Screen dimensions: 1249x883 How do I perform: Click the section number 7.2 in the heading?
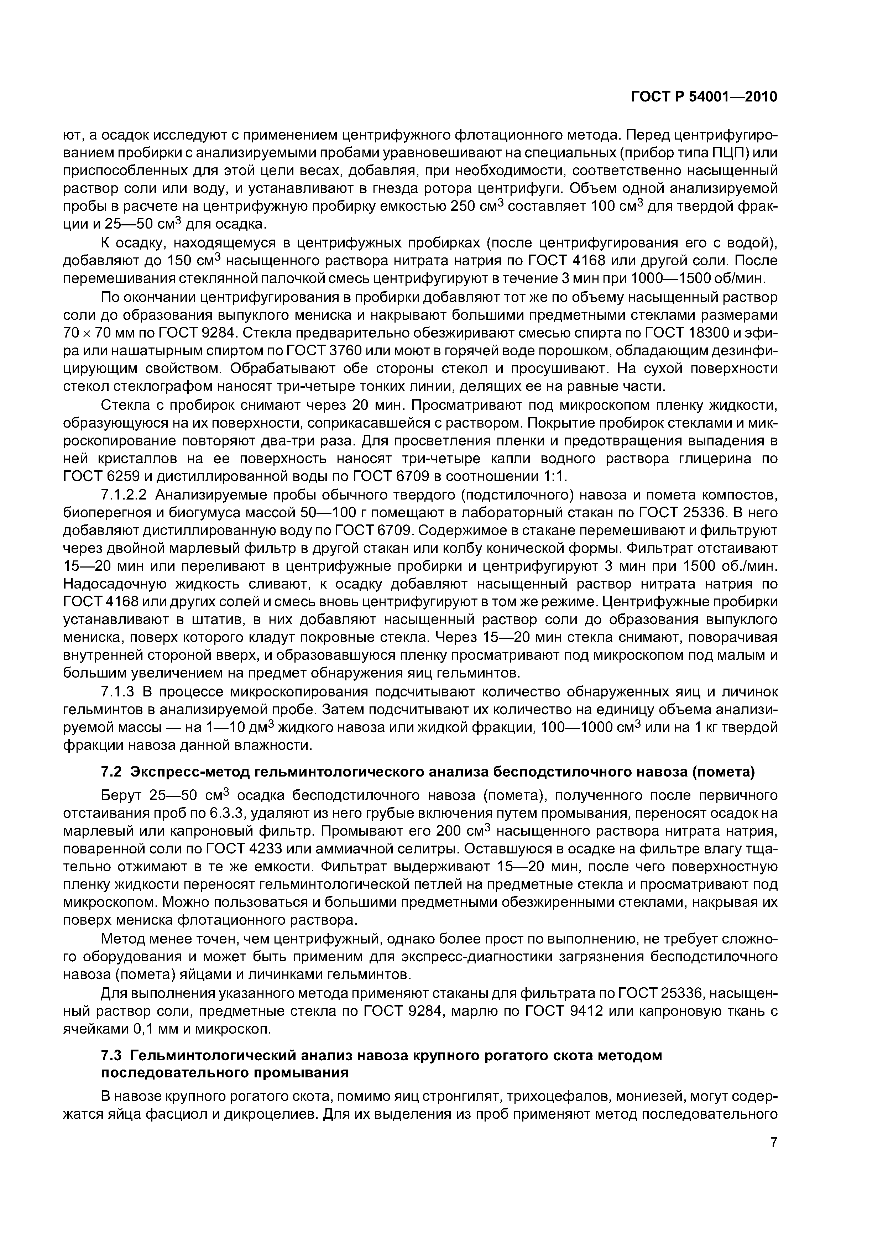[113, 772]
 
